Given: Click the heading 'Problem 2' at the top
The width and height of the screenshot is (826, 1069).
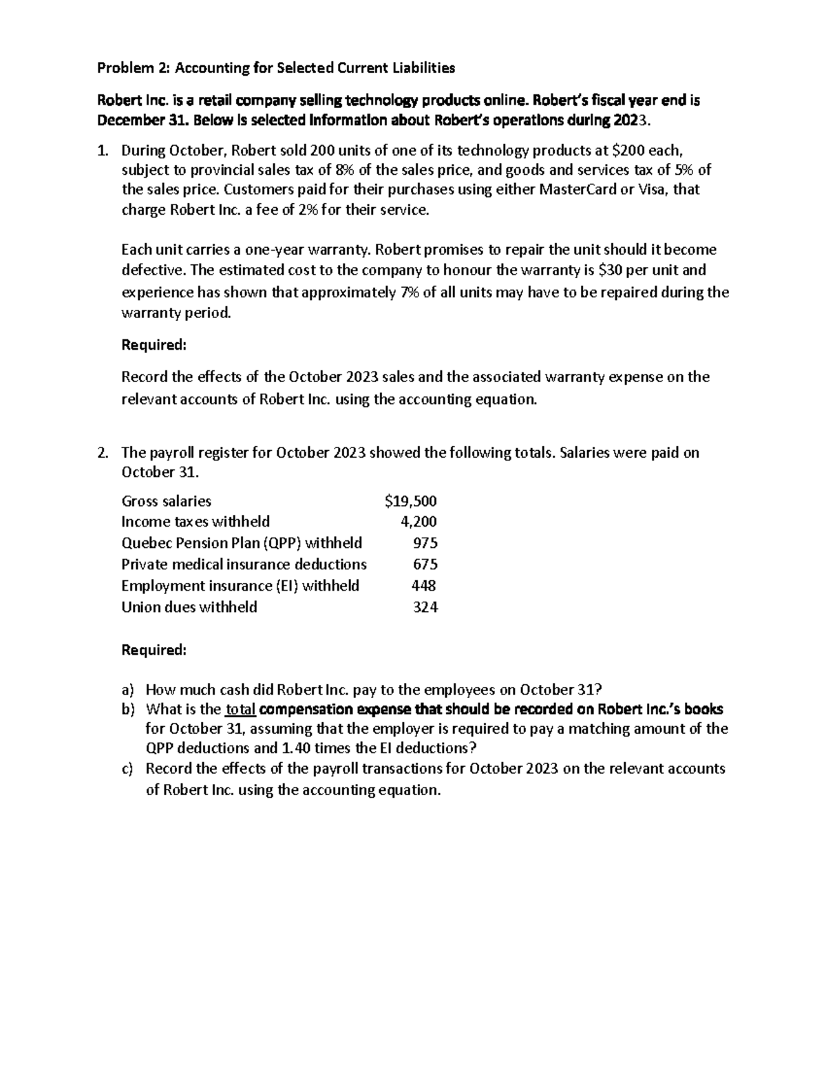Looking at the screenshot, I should (x=135, y=68).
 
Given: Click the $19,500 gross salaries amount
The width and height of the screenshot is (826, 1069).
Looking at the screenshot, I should (x=411, y=501).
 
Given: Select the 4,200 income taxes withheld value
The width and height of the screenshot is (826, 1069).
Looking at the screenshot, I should (x=419, y=522).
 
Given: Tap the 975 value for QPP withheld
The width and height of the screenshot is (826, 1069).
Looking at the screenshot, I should (x=425, y=543).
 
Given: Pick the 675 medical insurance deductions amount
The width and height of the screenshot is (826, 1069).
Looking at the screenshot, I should (x=425, y=564).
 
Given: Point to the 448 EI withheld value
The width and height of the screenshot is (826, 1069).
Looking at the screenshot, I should (x=423, y=586).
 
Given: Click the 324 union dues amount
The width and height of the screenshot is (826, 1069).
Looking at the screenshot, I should (x=425, y=607).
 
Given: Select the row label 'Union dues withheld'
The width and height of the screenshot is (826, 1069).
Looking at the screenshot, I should (x=189, y=607).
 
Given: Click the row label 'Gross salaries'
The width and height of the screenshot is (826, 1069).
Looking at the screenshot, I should (x=166, y=501).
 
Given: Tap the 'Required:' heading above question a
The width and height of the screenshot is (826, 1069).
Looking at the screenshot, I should (x=153, y=650).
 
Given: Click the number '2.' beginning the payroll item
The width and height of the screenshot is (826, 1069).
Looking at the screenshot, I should (x=103, y=453).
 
